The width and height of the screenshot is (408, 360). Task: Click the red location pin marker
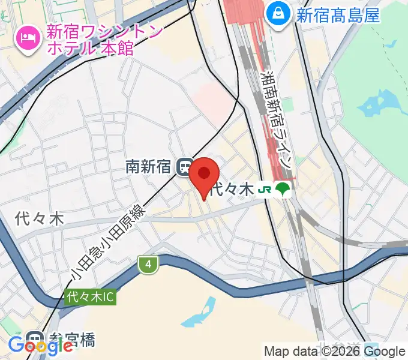pos(205,175)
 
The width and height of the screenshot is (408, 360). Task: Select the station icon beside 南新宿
pos(184,166)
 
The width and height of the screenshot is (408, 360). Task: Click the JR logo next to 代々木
pos(265,190)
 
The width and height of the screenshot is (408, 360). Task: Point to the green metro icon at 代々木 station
pos(282,190)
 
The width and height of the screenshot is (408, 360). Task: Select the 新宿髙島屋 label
pos(338,14)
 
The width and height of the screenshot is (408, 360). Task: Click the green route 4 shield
pos(146,264)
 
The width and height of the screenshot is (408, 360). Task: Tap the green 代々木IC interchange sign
pos(90,296)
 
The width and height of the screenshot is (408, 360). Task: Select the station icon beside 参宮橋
pos(35,339)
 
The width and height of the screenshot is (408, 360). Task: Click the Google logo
pos(40,346)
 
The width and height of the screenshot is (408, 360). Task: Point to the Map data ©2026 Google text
pos(335,352)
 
